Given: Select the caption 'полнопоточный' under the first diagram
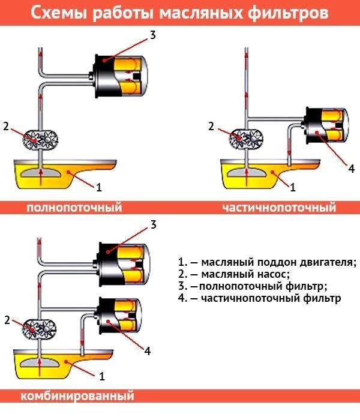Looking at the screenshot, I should point(74,208).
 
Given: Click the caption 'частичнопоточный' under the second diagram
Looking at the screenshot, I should point(279,208).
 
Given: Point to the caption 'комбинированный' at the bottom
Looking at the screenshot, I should point(77,397).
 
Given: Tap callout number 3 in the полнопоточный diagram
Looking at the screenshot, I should point(153,35).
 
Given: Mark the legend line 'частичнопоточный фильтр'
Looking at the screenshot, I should point(259,298).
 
